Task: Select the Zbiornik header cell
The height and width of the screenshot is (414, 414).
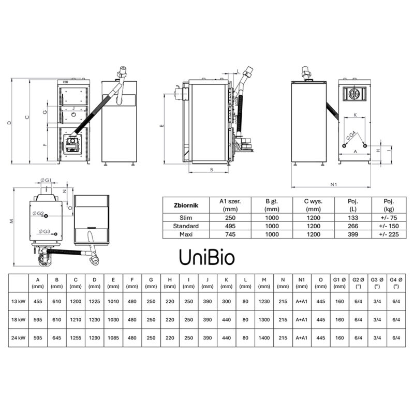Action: [x=184, y=205]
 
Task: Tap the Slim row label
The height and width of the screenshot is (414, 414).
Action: [x=184, y=217]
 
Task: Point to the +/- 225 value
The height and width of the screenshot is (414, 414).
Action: [x=389, y=234]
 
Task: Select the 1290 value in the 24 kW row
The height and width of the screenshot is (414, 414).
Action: [x=95, y=338]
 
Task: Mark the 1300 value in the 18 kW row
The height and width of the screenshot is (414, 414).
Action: [x=264, y=320]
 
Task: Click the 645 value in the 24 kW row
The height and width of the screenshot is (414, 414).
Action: [x=57, y=338]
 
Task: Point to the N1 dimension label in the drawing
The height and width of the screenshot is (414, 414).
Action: [x=334, y=183]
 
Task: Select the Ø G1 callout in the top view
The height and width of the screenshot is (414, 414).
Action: [x=46, y=180]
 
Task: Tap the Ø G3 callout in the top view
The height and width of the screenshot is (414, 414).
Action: [x=43, y=231]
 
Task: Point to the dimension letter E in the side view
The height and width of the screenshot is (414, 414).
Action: [x=161, y=126]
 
